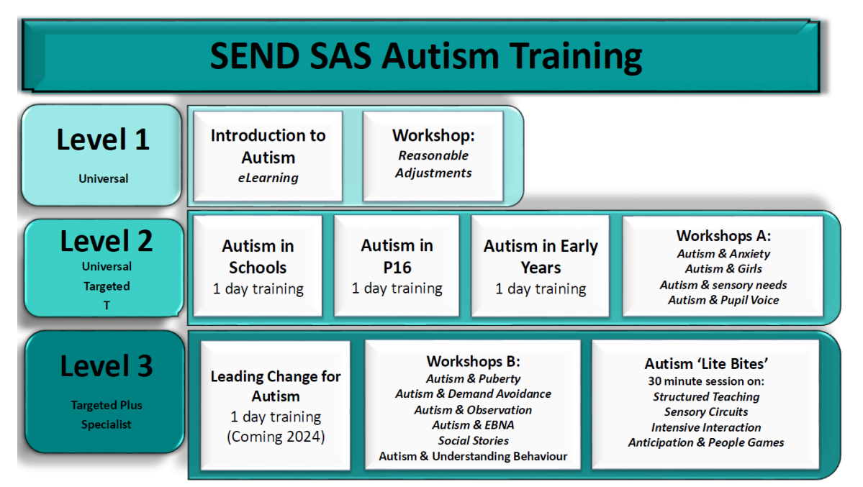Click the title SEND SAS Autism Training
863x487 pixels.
[x=426, y=56]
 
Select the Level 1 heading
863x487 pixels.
[x=103, y=140]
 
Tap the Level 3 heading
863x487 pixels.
[x=107, y=366]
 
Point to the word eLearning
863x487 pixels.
[x=268, y=178]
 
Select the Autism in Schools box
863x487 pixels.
[x=258, y=265]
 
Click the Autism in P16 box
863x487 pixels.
[x=397, y=265]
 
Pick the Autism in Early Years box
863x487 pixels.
[x=541, y=265]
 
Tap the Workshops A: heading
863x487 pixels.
[x=723, y=235]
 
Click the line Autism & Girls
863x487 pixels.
[x=723, y=268]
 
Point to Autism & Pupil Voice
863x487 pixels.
[x=723, y=300]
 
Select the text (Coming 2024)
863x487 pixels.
[x=276, y=437]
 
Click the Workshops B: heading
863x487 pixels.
[x=473, y=361]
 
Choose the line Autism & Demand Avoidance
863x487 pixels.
[x=473, y=393]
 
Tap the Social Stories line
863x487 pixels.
[x=473, y=440]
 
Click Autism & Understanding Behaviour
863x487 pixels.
[x=473, y=456]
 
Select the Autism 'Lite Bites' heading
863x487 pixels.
[x=706, y=364]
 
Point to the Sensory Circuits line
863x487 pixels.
[x=706, y=411]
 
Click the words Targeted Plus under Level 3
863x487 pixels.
[x=107, y=405]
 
